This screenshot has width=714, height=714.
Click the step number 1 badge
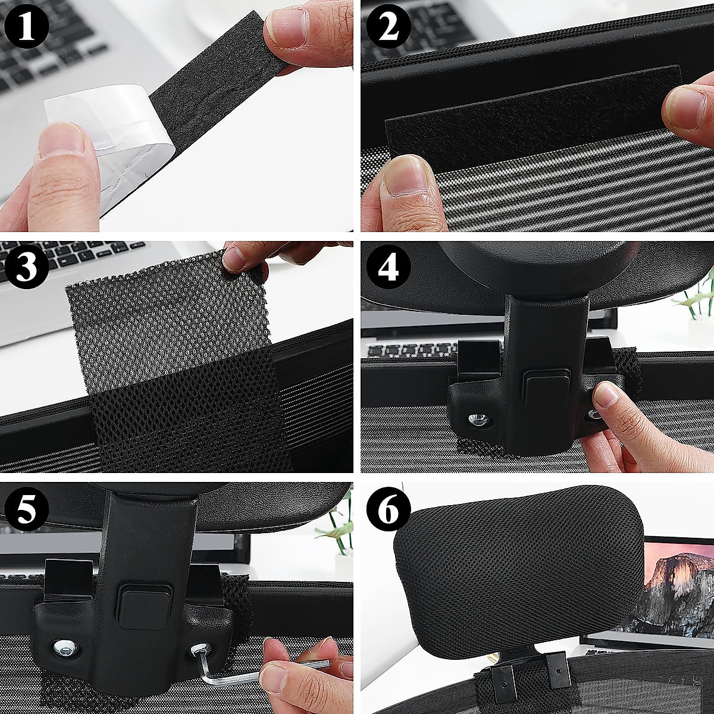24,27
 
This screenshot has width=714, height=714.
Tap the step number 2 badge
388,27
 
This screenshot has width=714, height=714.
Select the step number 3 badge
24,267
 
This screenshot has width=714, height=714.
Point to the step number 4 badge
388,267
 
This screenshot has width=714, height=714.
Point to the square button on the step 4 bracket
546,384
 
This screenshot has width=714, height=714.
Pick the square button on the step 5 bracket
143,604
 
